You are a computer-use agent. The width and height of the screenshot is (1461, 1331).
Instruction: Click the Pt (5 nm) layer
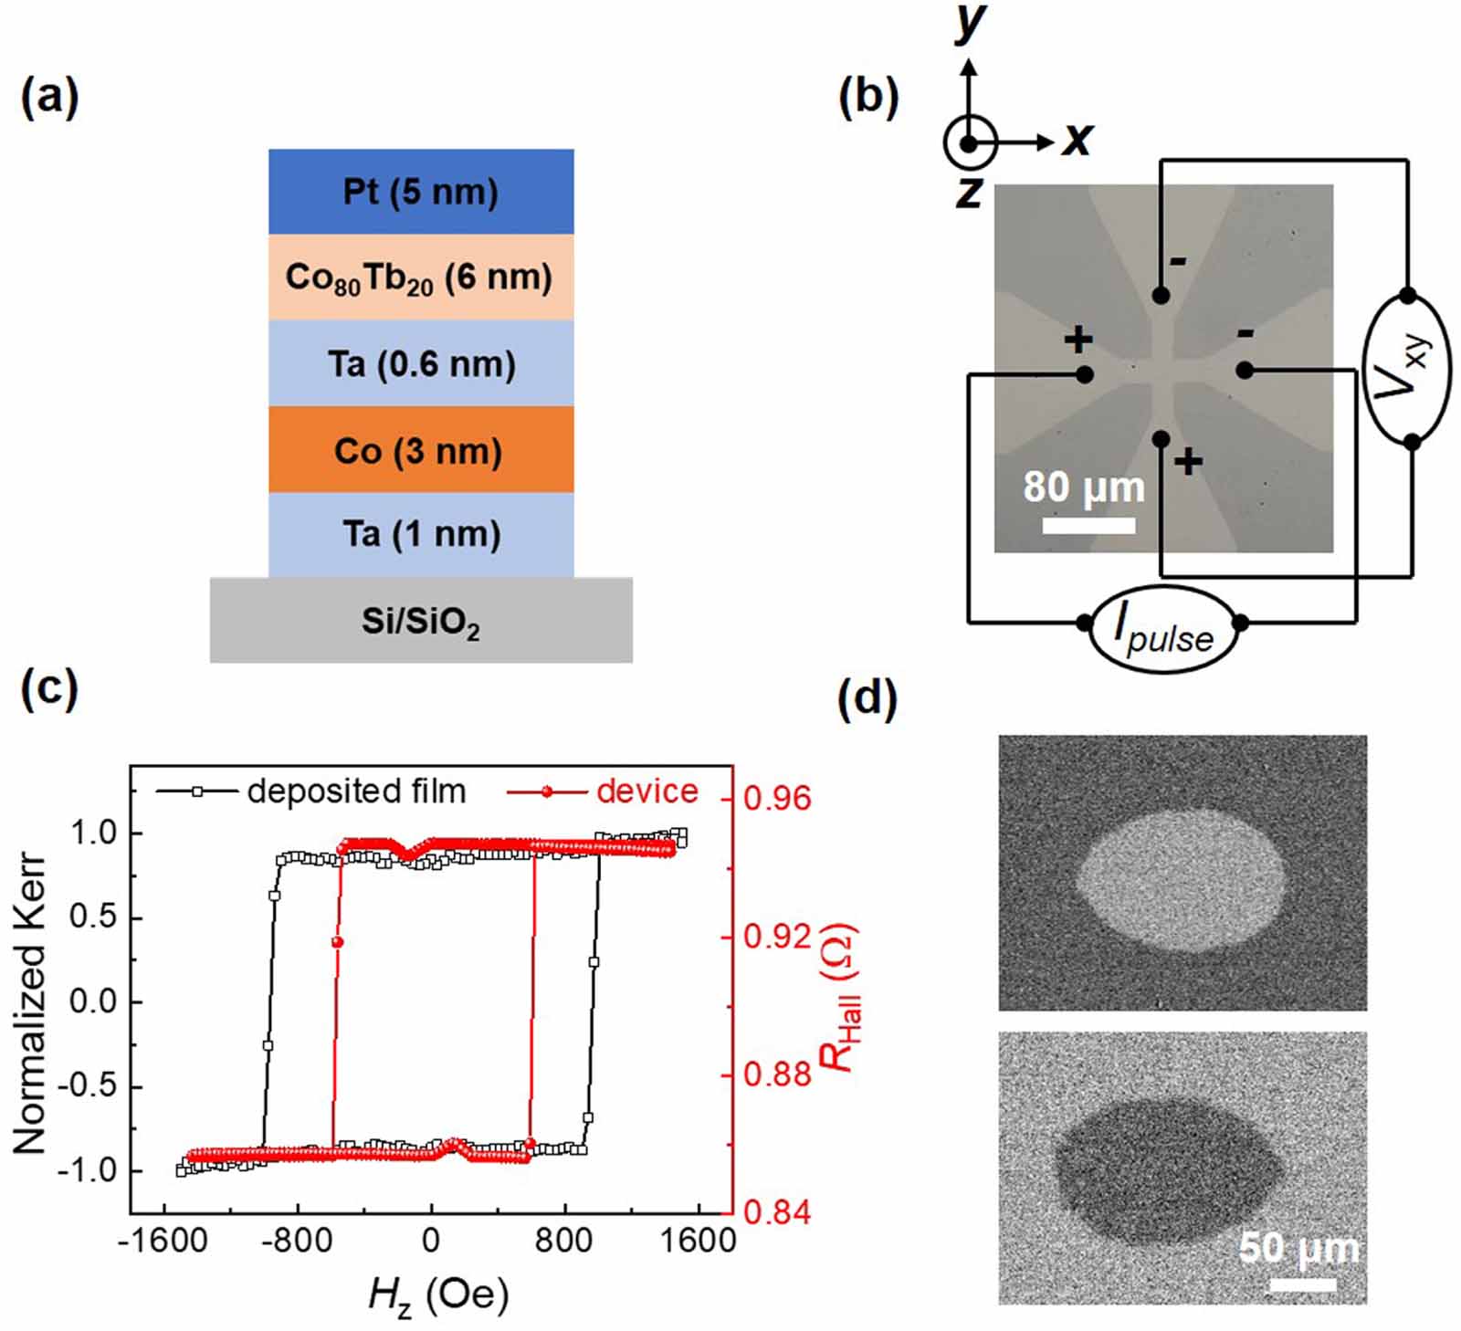(x=421, y=192)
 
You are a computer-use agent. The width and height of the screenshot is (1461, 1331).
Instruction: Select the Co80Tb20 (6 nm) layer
(x=421, y=278)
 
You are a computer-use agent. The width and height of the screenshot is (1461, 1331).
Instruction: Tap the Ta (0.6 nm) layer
(x=421, y=363)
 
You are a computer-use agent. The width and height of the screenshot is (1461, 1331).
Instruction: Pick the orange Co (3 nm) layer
(x=421, y=450)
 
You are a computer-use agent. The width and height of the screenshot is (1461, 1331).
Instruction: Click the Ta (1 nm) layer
(x=421, y=534)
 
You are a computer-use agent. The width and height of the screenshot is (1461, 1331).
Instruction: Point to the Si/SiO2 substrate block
(x=421, y=621)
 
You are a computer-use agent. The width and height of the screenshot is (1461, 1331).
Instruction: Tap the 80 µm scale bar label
(x=1084, y=487)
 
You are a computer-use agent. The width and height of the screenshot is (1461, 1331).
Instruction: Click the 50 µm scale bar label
(x=1298, y=1247)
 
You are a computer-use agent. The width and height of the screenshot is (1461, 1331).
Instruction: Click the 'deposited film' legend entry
(x=356, y=791)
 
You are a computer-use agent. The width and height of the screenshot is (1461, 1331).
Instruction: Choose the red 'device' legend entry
(x=646, y=791)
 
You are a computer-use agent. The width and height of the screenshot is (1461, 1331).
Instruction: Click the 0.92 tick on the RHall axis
(x=777, y=937)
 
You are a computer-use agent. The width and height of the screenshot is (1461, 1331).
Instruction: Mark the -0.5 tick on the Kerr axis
(x=92, y=1086)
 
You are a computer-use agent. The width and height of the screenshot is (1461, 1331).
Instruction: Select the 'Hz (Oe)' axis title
(x=438, y=1295)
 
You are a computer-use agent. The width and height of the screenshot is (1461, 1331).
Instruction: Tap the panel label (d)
(x=867, y=699)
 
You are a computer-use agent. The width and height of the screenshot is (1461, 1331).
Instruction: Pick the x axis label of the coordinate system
(x=1077, y=139)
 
